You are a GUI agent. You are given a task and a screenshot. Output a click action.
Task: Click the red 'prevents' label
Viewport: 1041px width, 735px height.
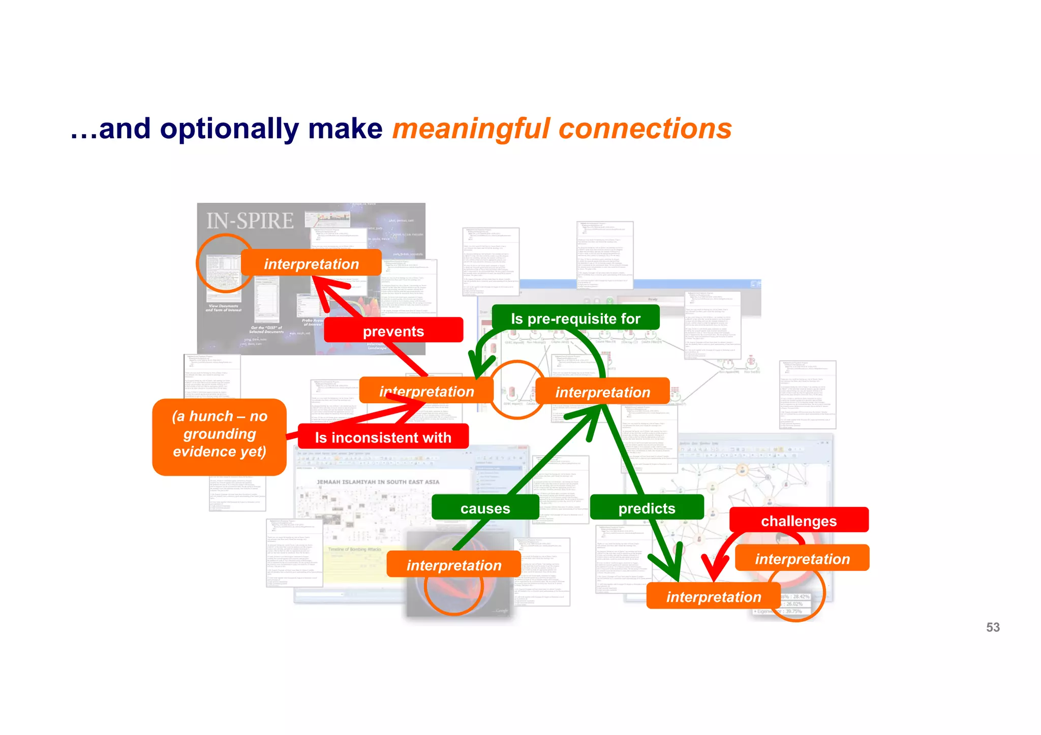(x=393, y=331)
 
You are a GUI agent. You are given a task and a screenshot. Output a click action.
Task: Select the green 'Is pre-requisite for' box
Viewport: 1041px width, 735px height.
(x=575, y=318)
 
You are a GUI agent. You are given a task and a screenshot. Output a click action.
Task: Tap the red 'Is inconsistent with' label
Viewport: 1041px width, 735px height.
(x=383, y=437)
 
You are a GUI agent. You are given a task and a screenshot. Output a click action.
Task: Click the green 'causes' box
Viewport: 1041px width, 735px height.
(x=485, y=508)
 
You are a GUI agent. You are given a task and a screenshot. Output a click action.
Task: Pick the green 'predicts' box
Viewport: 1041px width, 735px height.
(x=647, y=508)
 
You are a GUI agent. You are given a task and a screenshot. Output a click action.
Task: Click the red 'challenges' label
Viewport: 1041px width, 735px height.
(x=799, y=521)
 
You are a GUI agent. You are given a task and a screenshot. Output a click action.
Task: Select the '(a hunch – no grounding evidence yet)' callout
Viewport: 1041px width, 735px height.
(x=220, y=434)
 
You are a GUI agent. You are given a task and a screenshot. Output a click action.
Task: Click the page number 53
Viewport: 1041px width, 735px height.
(x=993, y=627)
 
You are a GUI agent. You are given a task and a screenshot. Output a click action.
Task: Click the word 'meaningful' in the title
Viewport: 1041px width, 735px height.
(x=471, y=129)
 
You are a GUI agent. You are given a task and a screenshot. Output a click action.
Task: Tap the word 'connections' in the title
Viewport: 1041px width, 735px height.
(x=646, y=129)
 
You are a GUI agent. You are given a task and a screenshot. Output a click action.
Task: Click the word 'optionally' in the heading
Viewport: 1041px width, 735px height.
(x=229, y=129)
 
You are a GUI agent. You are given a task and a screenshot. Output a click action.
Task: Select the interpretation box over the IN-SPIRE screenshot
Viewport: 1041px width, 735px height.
(x=311, y=264)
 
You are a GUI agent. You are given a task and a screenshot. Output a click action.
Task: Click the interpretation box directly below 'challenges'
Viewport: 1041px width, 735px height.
(x=802, y=559)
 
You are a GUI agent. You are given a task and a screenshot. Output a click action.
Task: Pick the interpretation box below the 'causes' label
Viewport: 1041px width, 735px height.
(x=453, y=565)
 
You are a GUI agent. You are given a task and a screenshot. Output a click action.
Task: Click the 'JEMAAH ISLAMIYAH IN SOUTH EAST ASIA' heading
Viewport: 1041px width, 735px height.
(x=378, y=482)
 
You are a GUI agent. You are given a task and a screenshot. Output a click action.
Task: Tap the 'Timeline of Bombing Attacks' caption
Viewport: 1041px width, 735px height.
(x=354, y=549)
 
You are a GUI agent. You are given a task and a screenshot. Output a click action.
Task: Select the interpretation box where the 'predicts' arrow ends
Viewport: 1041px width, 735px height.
(x=713, y=596)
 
